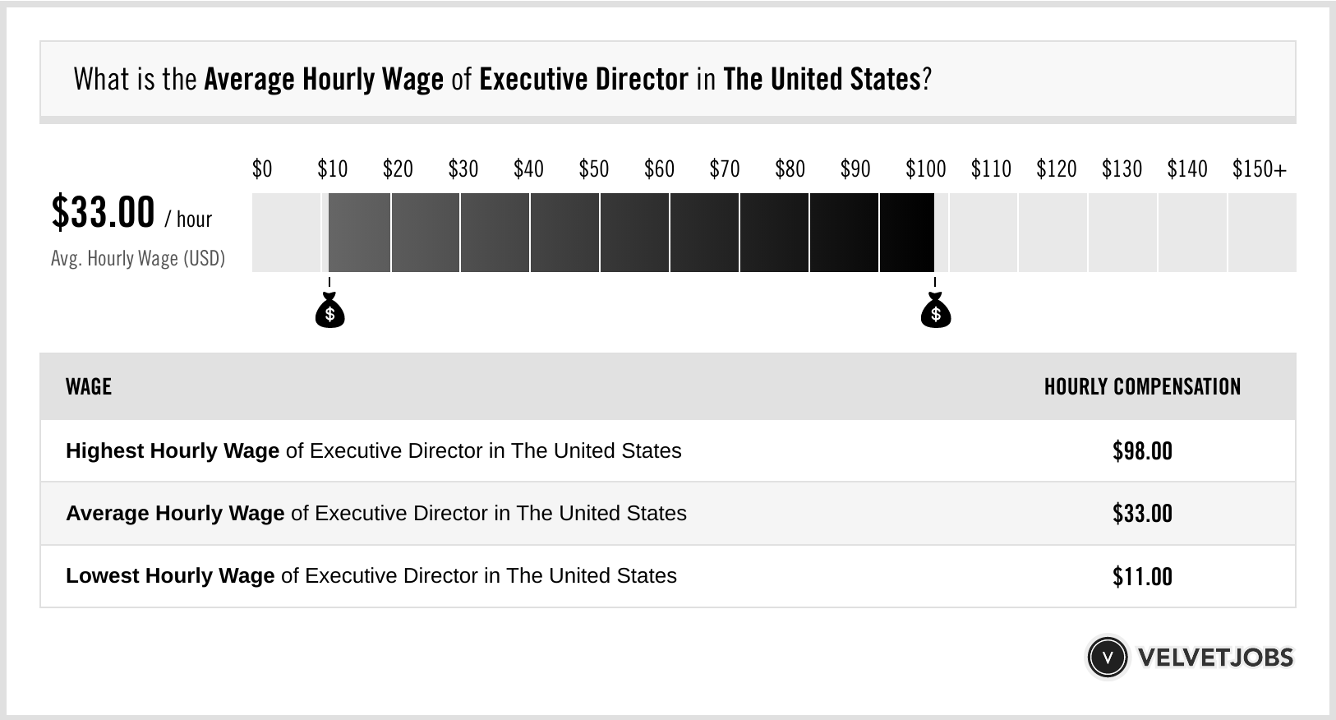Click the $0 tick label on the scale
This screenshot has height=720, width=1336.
pyautogui.click(x=261, y=169)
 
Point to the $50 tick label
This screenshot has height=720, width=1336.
pyautogui.click(x=593, y=169)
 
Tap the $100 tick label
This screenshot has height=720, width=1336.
pyautogui.click(x=925, y=169)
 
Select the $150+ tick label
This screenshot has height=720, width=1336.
pyautogui.click(x=1259, y=169)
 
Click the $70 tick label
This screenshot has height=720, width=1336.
pyautogui.click(x=724, y=169)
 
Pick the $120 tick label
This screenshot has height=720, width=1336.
pyautogui.click(x=1056, y=169)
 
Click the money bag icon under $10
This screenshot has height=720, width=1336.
pyautogui.click(x=329, y=312)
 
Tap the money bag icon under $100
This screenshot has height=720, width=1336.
pyautogui.click(x=935, y=312)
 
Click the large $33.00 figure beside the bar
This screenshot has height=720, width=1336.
pyautogui.click(x=103, y=212)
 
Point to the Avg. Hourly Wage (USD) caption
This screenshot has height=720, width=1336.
pyautogui.click(x=138, y=258)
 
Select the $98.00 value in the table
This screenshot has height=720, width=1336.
pyautogui.click(x=1142, y=451)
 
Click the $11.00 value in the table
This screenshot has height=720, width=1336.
pyautogui.click(x=1142, y=576)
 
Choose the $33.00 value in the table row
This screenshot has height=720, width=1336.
pyautogui.click(x=1142, y=514)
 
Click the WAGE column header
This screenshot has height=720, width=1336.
pyautogui.click(x=89, y=386)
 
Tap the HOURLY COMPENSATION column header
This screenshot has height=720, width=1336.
pyautogui.click(x=1142, y=386)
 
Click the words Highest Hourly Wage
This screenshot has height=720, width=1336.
pyautogui.click(x=173, y=451)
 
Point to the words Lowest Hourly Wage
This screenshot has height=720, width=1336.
pyautogui.click(x=170, y=576)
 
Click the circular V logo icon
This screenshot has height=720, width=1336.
pyautogui.click(x=1107, y=657)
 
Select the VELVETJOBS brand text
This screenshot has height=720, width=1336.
pyautogui.click(x=1215, y=657)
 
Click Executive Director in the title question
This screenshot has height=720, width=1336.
pyautogui.click(x=583, y=80)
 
